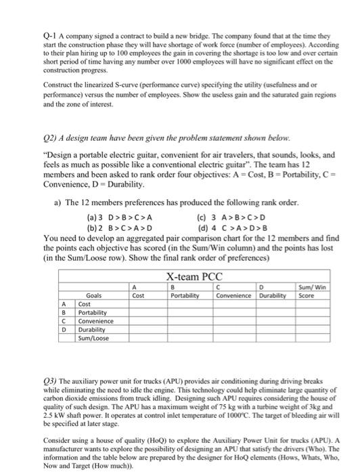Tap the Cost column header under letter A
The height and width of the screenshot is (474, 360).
[138, 295]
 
